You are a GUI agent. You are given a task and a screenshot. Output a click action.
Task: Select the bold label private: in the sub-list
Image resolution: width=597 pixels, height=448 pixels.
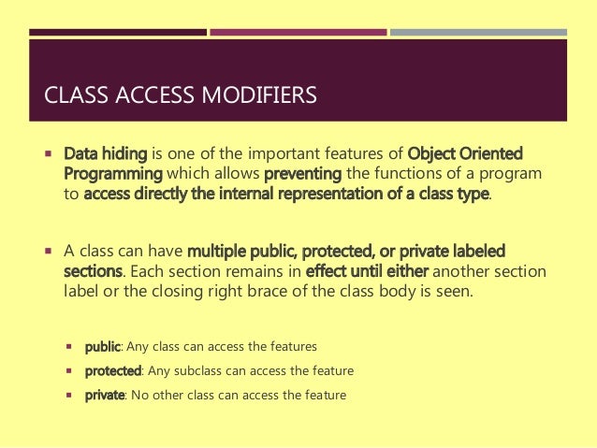105,395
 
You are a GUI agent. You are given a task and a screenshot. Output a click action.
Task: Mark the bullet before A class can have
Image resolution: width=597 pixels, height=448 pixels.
47,251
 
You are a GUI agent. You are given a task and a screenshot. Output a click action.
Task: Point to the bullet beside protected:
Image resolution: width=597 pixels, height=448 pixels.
70,370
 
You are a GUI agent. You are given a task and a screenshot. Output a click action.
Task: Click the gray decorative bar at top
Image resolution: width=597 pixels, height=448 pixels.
478,32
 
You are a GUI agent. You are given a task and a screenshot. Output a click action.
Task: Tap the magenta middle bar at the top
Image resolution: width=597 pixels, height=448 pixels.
298,32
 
